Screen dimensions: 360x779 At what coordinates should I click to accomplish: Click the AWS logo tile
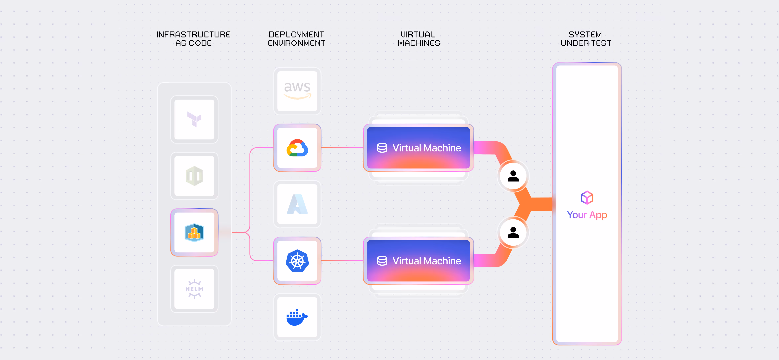297,91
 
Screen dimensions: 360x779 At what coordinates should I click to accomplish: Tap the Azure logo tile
297,204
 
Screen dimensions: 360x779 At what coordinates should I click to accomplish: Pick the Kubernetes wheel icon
297,261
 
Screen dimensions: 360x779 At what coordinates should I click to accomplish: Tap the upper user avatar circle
513,176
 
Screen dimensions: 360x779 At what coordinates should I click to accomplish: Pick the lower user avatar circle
513,232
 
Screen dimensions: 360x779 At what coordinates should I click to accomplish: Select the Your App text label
587,215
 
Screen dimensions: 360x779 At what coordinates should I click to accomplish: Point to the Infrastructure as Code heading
194,39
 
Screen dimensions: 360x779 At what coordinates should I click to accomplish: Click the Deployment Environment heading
296,39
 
